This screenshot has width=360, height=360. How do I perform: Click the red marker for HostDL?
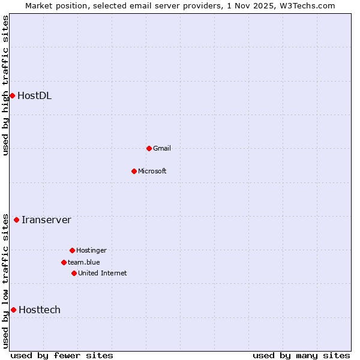point(12,95)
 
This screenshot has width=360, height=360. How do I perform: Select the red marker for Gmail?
point(149,148)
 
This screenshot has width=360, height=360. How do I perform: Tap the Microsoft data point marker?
point(134,171)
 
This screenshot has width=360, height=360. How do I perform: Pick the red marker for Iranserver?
point(16,220)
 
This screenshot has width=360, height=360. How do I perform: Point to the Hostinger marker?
point(72,250)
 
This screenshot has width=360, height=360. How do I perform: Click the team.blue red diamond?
point(64,262)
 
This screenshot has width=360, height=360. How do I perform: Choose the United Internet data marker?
point(74,273)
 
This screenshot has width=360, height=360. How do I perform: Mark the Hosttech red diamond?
point(13,310)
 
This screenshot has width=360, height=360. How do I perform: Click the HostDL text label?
point(34,95)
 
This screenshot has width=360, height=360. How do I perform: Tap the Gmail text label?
point(161,148)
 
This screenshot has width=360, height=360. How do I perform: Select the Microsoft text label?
point(152,171)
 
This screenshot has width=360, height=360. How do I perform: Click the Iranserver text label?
point(46,220)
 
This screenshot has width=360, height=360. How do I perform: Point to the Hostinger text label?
point(91,250)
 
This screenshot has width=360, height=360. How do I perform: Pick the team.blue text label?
point(83,262)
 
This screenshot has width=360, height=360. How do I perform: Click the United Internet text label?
point(102,273)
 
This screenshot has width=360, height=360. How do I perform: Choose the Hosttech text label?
point(40,310)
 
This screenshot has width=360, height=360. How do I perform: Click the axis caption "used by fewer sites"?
point(62,355)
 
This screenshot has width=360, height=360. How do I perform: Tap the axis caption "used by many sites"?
point(301,355)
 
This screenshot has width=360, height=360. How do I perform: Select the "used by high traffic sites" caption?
point(6,85)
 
